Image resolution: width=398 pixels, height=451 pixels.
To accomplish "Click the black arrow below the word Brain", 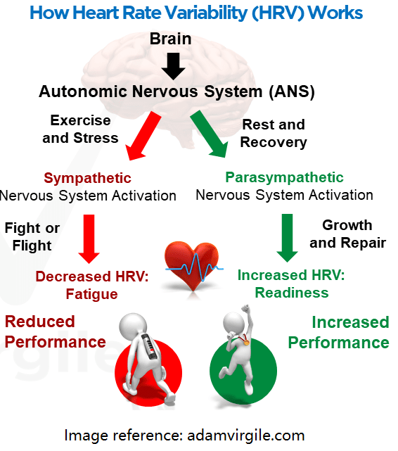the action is [x=173, y=66].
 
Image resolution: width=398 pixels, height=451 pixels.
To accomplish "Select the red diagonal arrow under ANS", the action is [x=143, y=136].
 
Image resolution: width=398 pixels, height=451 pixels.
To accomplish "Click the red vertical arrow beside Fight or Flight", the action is [x=89, y=239].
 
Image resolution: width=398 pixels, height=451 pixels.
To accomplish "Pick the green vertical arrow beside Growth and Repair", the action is [x=287, y=238].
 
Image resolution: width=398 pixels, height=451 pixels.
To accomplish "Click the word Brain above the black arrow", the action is [x=171, y=39].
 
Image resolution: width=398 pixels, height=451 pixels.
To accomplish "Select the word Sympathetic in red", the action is [x=87, y=178].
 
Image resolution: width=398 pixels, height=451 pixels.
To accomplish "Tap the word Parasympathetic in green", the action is [x=284, y=177].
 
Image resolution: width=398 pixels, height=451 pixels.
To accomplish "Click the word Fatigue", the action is [x=91, y=294].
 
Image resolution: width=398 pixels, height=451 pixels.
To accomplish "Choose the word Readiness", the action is [x=292, y=293].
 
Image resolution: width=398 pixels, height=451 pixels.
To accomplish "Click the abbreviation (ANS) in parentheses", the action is [x=292, y=91].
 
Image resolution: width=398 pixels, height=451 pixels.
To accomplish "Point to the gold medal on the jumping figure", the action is [x=247, y=343].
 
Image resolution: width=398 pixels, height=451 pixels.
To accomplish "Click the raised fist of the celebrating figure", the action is [x=245, y=309].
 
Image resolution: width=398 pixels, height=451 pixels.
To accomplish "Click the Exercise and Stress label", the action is [x=80, y=129].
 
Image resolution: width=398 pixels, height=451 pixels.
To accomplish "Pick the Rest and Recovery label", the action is [x=274, y=134].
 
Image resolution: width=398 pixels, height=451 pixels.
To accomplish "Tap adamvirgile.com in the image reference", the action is [x=246, y=436].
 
